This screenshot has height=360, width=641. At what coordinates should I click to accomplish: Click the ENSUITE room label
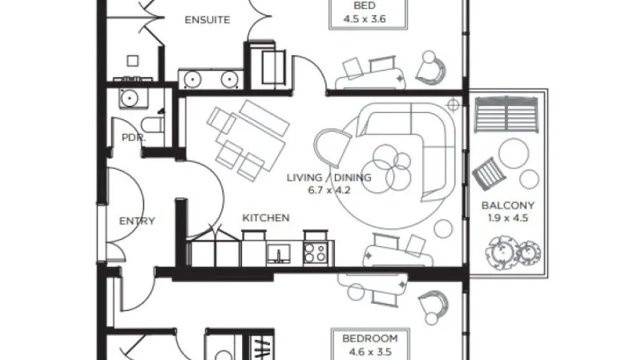coord(207,19)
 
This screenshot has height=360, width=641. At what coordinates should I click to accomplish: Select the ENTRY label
coord(137,221)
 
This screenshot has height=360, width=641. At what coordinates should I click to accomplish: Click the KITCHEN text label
coord(266,217)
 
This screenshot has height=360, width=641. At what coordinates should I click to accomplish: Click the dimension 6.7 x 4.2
coord(328,190)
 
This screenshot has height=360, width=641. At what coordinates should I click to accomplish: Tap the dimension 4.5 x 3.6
coord(363,19)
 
